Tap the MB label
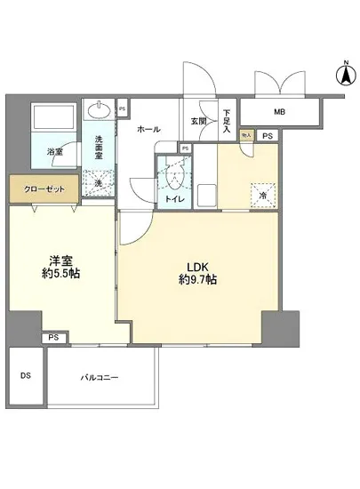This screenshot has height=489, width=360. click(x=279, y=112)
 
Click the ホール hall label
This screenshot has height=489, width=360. click(x=149, y=129)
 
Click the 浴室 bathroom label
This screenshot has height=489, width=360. click(x=56, y=152)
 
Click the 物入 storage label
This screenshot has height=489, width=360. click(x=246, y=135)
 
